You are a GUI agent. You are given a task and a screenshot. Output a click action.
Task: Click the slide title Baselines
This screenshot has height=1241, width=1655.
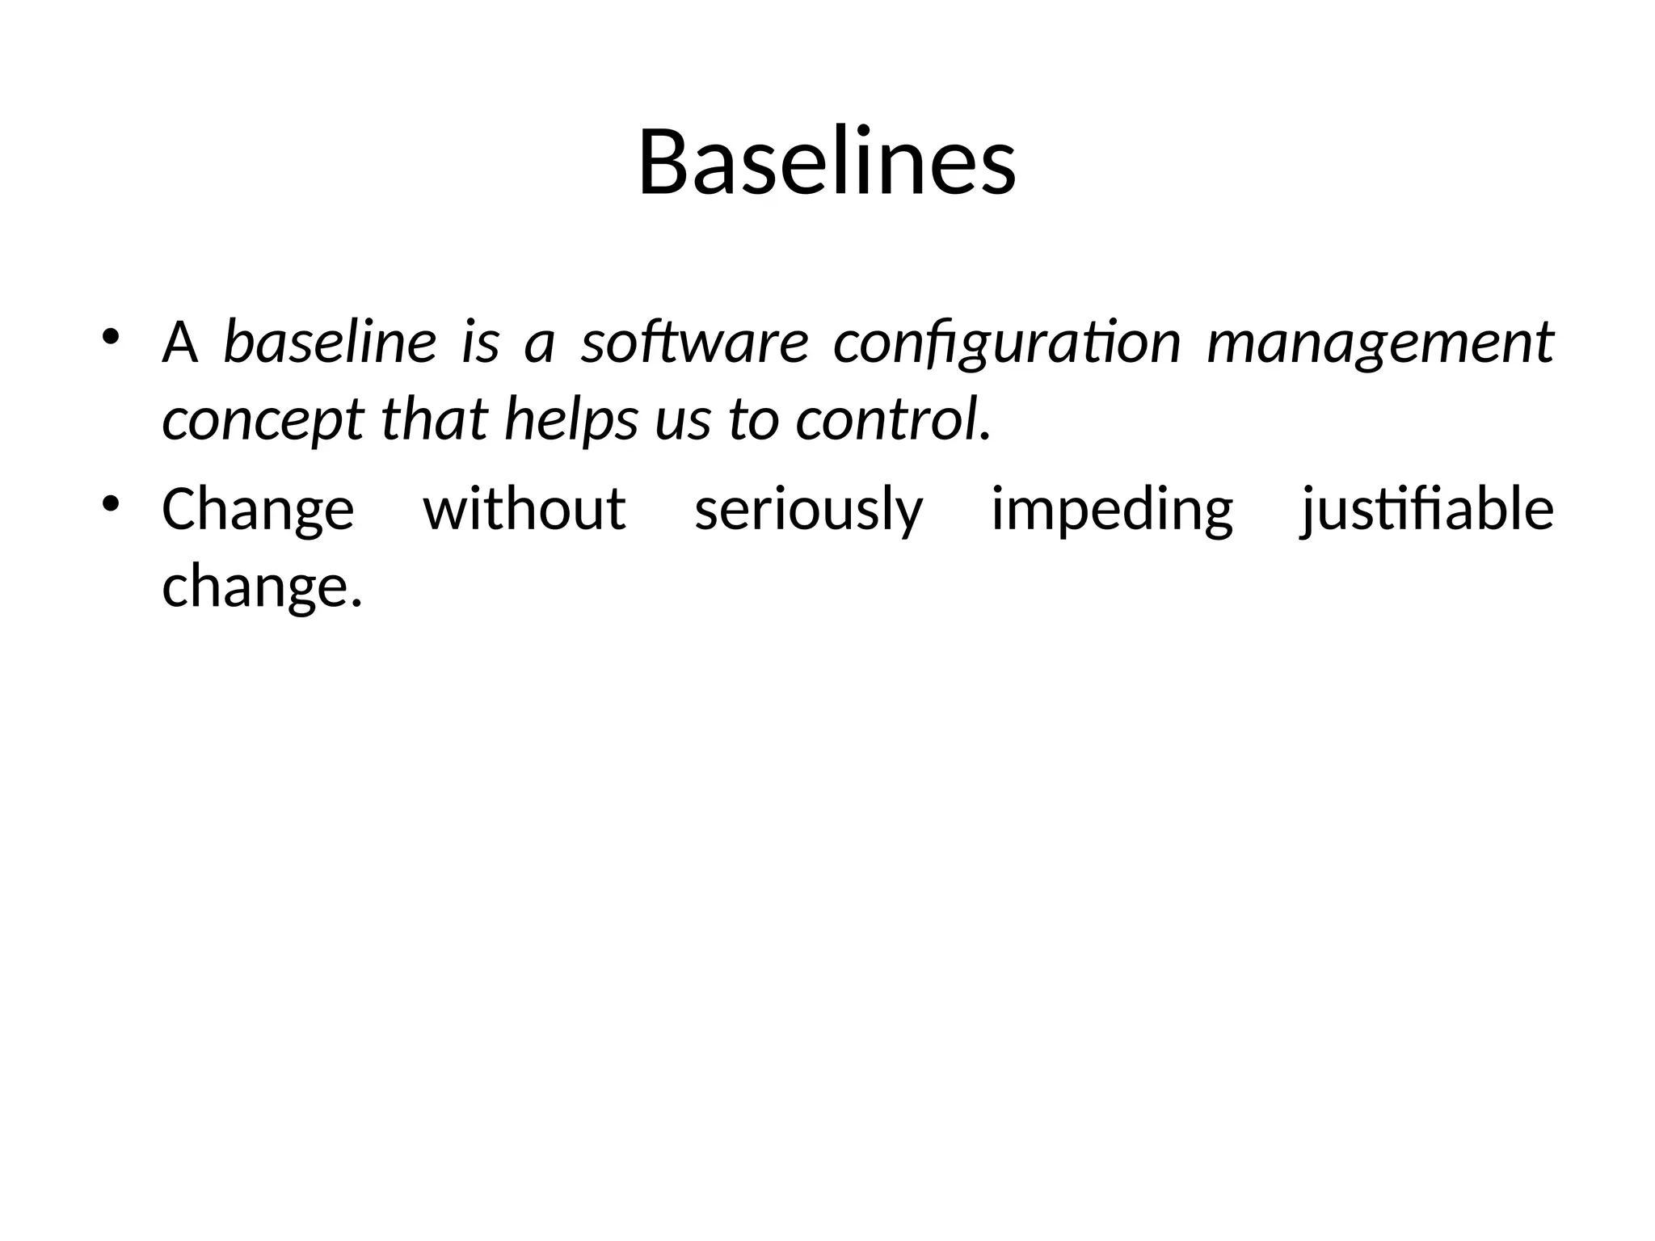(827, 162)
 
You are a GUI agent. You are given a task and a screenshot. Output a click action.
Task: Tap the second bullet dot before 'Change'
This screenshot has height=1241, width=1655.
(111, 504)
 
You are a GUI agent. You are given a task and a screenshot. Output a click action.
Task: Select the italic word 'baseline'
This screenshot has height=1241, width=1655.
(330, 342)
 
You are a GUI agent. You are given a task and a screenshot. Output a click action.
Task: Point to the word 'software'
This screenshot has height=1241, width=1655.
(695, 342)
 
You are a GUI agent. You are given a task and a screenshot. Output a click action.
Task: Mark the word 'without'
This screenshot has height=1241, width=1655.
(524, 509)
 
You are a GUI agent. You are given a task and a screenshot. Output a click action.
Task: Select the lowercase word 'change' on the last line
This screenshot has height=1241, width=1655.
(255, 587)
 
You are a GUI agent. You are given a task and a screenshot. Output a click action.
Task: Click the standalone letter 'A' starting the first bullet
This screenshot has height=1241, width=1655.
(179, 342)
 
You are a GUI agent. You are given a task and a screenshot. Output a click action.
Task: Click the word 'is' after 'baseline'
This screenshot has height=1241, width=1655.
(480, 342)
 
